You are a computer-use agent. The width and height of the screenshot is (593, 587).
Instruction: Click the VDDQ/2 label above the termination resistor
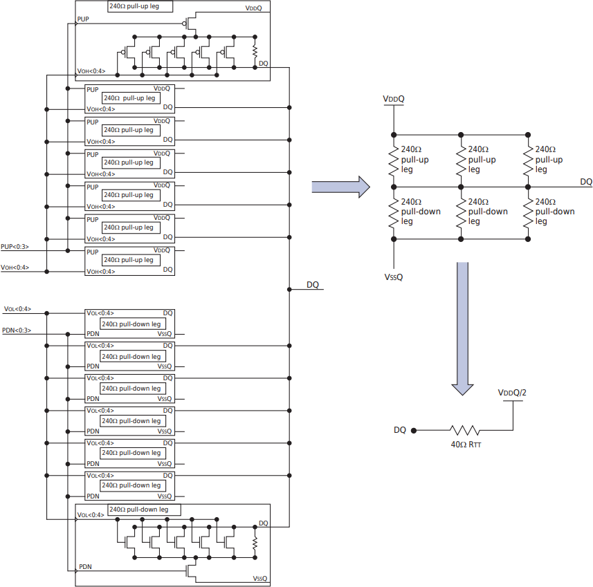coord(513,393)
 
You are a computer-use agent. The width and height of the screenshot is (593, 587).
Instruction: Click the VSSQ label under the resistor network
coord(394,277)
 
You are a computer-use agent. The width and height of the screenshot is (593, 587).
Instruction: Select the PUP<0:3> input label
coord(15,246)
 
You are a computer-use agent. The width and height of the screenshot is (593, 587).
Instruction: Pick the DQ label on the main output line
coord(313,284)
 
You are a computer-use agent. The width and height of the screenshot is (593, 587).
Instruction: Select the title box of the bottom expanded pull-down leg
coord(145,510)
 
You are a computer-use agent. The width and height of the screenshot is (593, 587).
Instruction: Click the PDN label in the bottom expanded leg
coord(85,566)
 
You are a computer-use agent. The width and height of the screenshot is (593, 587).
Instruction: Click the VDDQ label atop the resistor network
coord(394,100)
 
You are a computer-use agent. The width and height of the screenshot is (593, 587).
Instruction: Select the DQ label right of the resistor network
coord(585,181)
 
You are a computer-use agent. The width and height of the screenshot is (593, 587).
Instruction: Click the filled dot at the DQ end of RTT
coord(414,430)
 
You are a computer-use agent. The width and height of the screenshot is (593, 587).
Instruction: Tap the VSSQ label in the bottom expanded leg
coord(259,578)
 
